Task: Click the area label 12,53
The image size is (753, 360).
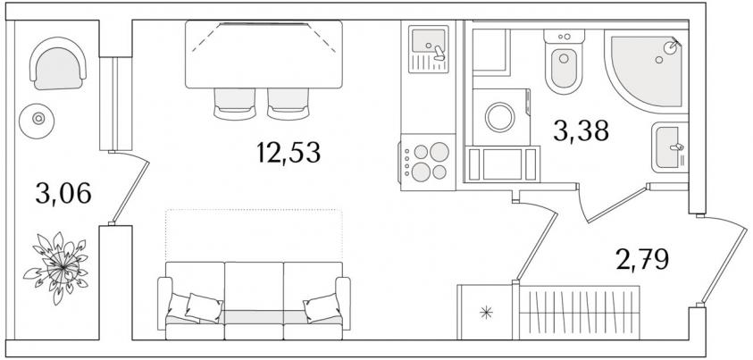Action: [289, 153]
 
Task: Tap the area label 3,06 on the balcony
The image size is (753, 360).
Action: [63, 194]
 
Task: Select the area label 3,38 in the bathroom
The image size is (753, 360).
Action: [581, 130]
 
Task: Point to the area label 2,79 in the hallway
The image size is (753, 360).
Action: [642, 259]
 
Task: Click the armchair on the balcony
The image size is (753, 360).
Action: [58, 63]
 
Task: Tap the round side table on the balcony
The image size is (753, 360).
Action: [37, 118]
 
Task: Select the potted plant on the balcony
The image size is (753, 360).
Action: [56, 267]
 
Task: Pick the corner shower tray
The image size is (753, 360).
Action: [647, 71]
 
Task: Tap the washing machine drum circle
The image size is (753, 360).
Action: [499, 117]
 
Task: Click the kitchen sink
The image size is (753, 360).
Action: [429, 49]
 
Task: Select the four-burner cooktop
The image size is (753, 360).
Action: [427, 162]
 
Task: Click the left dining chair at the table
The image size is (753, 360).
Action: [234, 104]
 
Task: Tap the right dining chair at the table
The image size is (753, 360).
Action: [289, 104]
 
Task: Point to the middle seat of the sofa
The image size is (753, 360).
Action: [254, 301]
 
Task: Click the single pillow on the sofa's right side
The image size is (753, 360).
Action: [322, 306]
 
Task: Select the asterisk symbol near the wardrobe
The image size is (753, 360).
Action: [487, 313]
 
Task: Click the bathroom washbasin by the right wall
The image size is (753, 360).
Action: [669, 147]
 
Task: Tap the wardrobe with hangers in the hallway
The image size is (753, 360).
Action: [580, 313]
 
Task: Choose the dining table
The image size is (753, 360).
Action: [264, 54]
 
